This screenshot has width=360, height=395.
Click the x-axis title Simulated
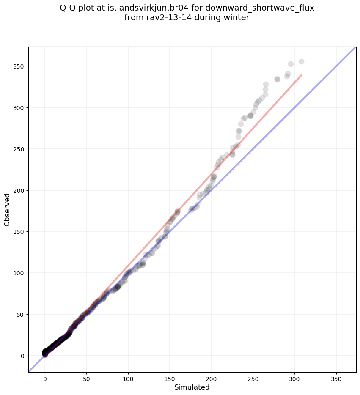[x=192, y=387]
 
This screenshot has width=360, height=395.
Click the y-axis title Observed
[x=7, y=209]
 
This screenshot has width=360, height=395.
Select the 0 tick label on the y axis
[x=22, y=356]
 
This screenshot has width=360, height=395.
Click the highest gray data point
[x=301, y=61]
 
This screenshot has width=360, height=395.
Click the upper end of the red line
[x=302, y=75]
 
